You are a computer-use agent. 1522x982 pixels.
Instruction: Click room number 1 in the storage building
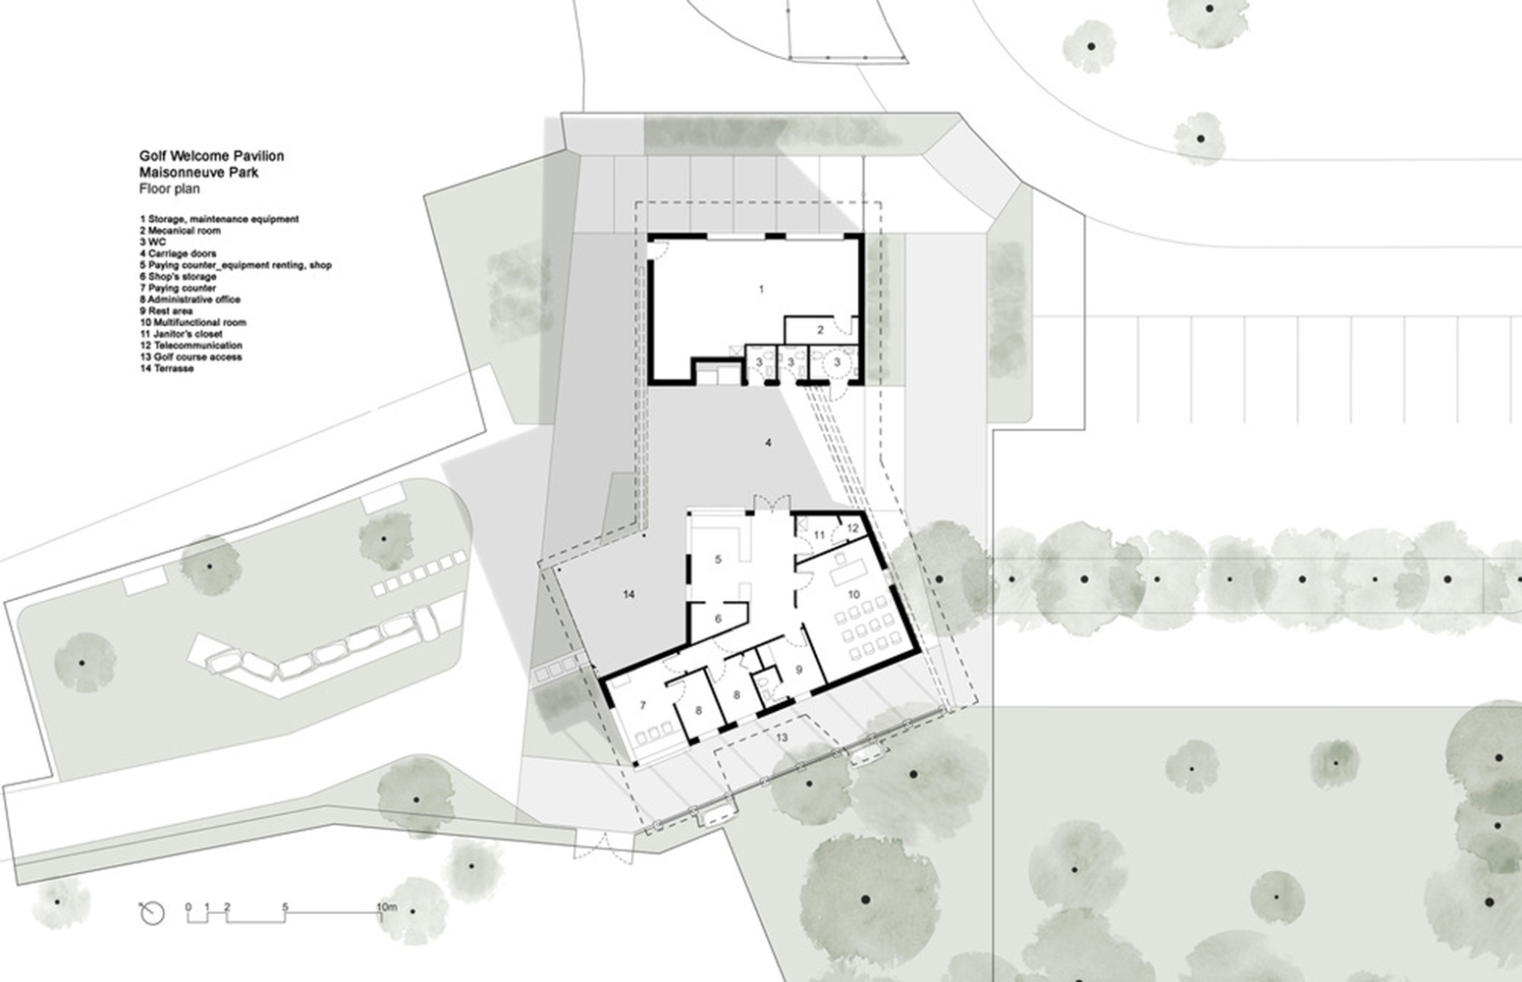[761, 289]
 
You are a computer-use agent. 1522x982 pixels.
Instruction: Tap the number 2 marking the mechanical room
[820, 330]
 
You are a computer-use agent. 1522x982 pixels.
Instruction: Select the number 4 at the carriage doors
[768, 444]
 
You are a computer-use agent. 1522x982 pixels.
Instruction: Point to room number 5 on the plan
[718, 559]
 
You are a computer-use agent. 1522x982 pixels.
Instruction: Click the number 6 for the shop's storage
[718, 618]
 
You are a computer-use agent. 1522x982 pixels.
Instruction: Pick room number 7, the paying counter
[643, 704]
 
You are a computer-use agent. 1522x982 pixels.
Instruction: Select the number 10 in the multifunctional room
[853, 594]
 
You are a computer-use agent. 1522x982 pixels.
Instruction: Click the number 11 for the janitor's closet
[819, 534]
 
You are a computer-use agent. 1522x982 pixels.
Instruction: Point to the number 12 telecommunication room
[852, 527]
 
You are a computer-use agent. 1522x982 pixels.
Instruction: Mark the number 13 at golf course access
[782, 736]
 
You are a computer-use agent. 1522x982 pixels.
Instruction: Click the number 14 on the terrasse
[629, 594]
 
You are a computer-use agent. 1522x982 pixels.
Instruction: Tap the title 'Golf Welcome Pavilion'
[211, 155]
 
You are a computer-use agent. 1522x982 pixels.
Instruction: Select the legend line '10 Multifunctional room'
[193, 322]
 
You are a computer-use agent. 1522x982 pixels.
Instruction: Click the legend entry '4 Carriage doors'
[178, 253]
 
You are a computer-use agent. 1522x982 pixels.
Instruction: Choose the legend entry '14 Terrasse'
[167, 368]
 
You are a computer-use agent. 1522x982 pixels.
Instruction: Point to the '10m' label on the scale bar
[387, 906]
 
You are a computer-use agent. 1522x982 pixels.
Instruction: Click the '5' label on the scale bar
[285, 906]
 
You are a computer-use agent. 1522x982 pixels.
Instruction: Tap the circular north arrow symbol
[152, 914]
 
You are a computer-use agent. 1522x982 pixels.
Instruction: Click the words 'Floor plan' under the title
[169, 188]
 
